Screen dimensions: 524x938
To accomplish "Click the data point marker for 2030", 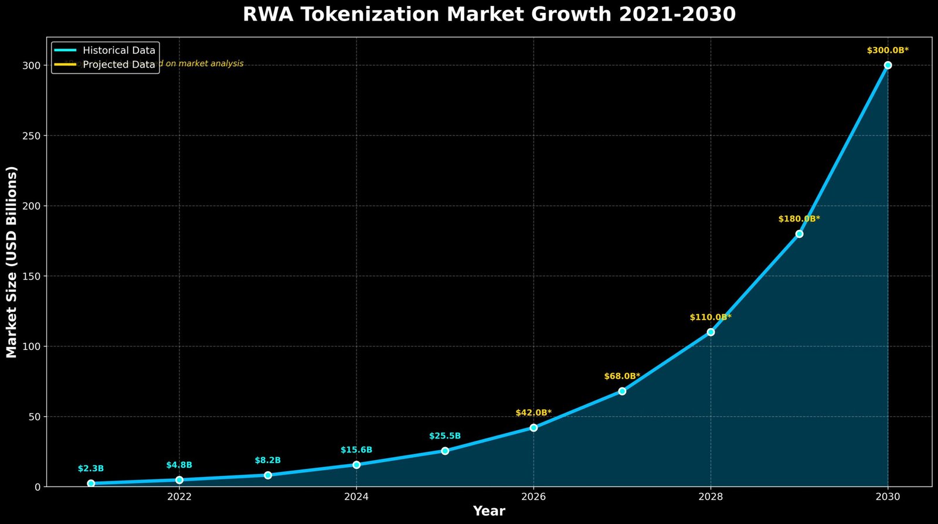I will pyautogui.click(x=888, y=65).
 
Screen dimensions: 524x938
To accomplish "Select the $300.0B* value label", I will pyautogui.click(x=888, y=50).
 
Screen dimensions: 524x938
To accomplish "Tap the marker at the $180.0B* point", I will pyautogui.click(x=799, y=234).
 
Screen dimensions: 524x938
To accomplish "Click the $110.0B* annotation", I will pyautogui.click(x=711, y=317).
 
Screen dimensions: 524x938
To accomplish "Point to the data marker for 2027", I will pyautogui.click(x=622, y=391).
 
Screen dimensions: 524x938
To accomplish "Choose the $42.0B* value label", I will pyautogui.click(x=533, y=413).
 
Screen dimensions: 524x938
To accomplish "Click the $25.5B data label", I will pyautogui.click(x=445, y=436).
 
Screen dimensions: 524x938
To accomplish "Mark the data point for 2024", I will pyautogui.click(x=356, y=465).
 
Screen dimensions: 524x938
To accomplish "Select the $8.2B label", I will pyautogui.click(x=268, y=460).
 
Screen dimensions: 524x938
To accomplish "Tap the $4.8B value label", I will pyautogui.click(x=179, y=465).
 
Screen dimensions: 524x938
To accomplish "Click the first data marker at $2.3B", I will pyautogui.click(x=91, y=484).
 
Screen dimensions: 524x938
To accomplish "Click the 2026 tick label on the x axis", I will pyautogui.click(x=533, y=497).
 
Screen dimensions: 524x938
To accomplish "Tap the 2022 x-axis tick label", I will pyautogui.click(x=179, y=497).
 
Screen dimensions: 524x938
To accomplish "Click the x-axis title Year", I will pyautogui.click(x=489, y=511).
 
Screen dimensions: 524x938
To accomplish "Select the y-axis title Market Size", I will pyautogui.click(x=12, y=262).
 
